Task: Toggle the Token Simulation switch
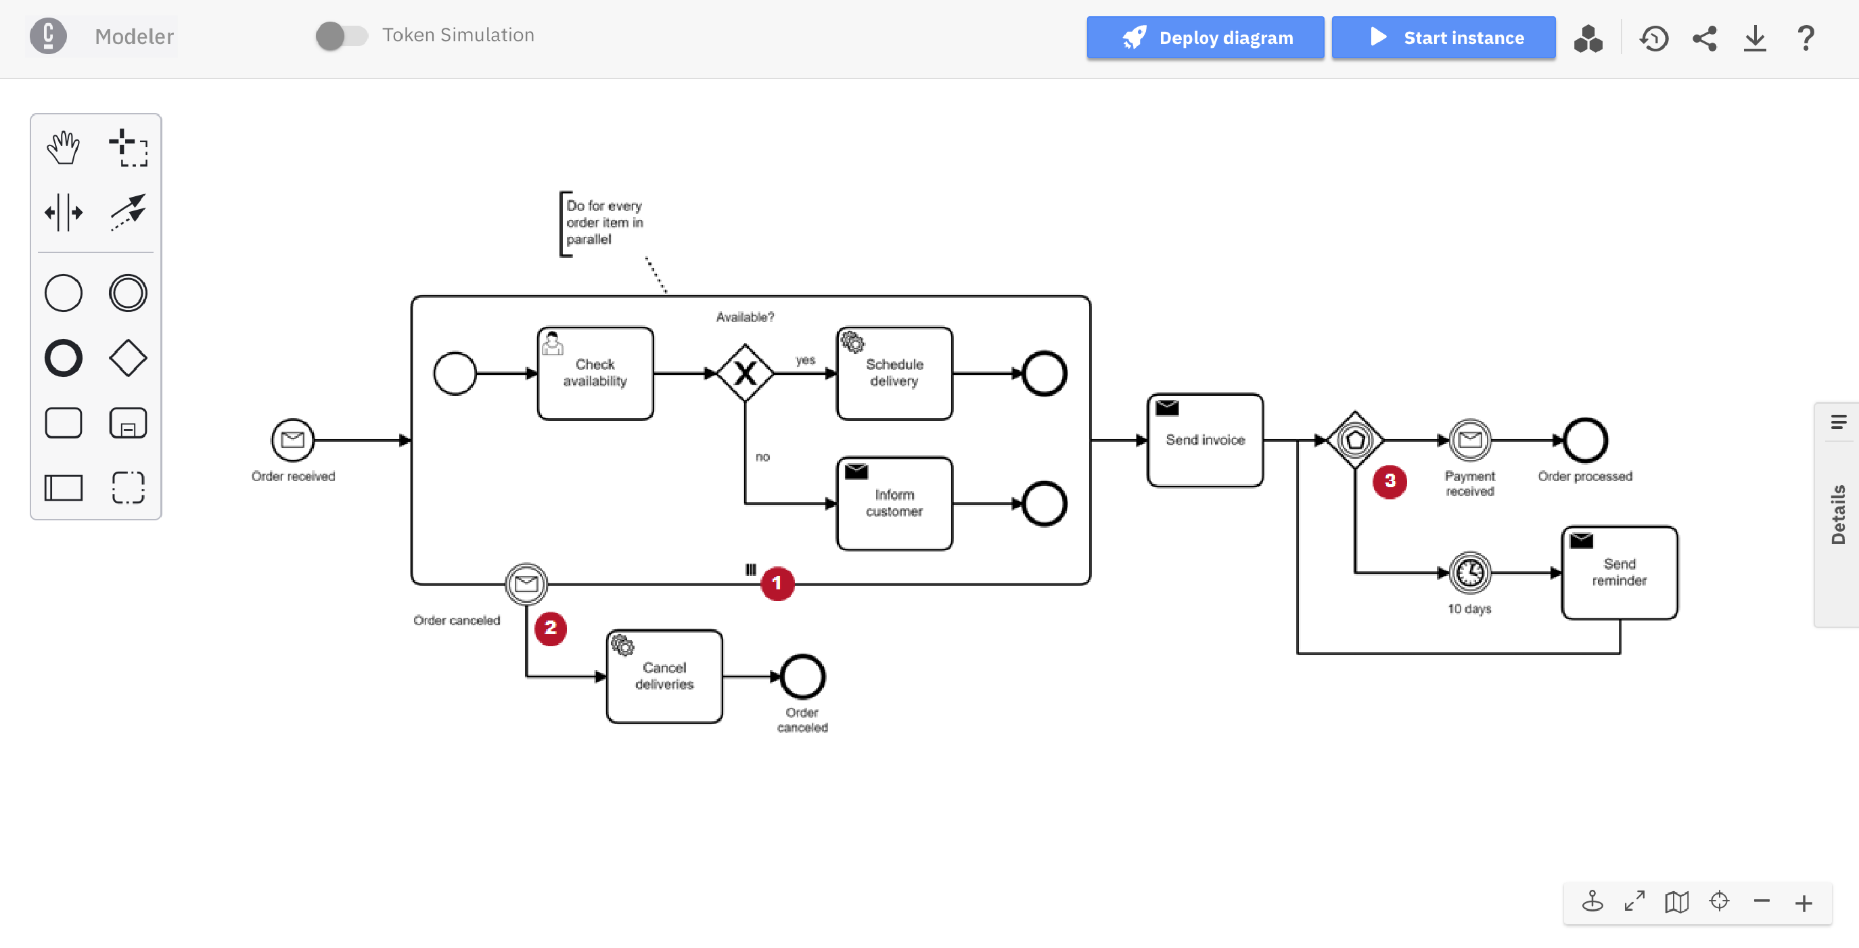coord(342,35)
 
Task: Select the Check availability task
coord(595,373)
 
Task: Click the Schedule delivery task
coord(894,373)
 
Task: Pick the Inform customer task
coord(894,503)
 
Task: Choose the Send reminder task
coord(1619,572)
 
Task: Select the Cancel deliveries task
coord(664,676)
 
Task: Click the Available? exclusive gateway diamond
coord(745,373)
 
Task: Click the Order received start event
coord(292,440)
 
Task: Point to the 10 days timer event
coord(1469,572)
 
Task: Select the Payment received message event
coord(1469,440)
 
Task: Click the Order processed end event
coord(1584,440)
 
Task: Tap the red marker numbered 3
coord(1390,482)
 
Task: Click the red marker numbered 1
coord(777,583)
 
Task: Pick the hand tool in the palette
coord(64,148)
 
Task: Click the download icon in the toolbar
coord(1754,37)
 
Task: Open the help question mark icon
coord(1805,37)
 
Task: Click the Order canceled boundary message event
coord(526,583)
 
